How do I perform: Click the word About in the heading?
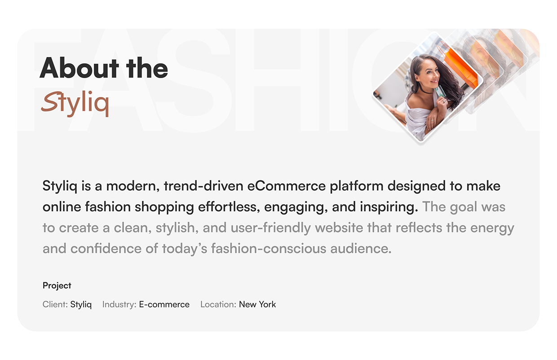(79, 68)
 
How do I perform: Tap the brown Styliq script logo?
(75, 103)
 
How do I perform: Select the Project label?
(57, 285)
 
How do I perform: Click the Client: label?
(55, 304)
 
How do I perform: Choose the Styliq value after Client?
(81, 304)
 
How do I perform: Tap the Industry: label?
(119, 304)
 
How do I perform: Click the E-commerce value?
(164, 304)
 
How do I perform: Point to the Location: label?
(218, 304)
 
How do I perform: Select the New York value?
(257, 304)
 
